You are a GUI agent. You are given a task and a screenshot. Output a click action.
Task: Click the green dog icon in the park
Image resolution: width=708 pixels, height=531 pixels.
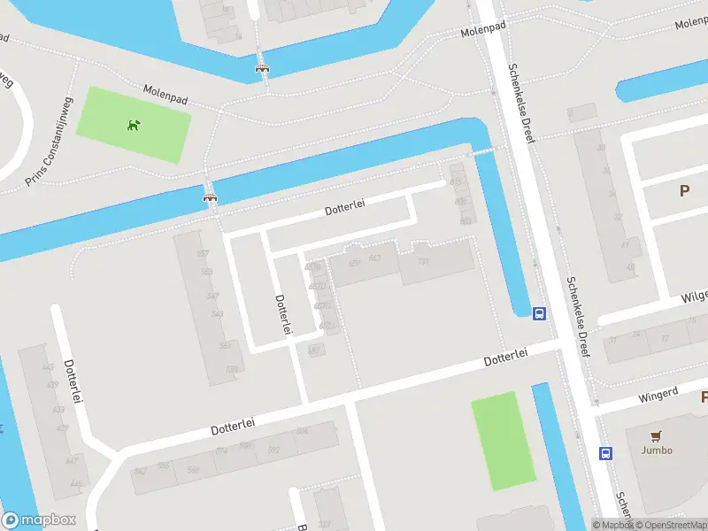(134, 125)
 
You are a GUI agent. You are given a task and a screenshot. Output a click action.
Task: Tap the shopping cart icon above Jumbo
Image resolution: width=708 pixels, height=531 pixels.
(656, 435)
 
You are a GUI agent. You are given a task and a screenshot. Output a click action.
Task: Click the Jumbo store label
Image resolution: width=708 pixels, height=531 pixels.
(657, 450)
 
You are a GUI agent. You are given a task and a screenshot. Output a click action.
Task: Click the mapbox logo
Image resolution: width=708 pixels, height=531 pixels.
(39, 520)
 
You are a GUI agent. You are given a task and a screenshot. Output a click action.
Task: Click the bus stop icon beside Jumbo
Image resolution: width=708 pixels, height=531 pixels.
(605, 453)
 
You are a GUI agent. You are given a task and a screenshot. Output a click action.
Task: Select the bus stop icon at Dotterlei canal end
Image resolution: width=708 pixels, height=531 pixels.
(538, 312)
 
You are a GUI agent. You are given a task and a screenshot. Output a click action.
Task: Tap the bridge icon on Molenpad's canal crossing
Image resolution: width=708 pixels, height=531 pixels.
(261, 67)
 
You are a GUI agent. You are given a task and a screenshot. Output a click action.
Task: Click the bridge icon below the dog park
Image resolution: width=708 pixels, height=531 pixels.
(211, 197)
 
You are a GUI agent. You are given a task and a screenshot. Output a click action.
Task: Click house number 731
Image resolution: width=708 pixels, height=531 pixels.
(423, 261)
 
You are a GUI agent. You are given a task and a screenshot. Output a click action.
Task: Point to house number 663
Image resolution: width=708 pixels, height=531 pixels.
(374, 258)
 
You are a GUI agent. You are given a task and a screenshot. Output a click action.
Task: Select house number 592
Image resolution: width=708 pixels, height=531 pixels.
(273, 450)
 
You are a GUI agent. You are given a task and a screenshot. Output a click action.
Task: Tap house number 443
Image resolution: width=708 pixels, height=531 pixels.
(48, 367)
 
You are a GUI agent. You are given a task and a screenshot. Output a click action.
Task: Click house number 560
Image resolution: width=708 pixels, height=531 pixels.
(193, 470)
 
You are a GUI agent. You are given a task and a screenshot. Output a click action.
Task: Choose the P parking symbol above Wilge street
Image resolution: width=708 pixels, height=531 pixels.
(684, 190)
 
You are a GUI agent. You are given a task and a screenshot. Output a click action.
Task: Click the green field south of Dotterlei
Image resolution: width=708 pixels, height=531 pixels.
(503, 440)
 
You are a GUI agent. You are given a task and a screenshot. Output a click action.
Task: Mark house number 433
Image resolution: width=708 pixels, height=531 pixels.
(58, 410)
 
